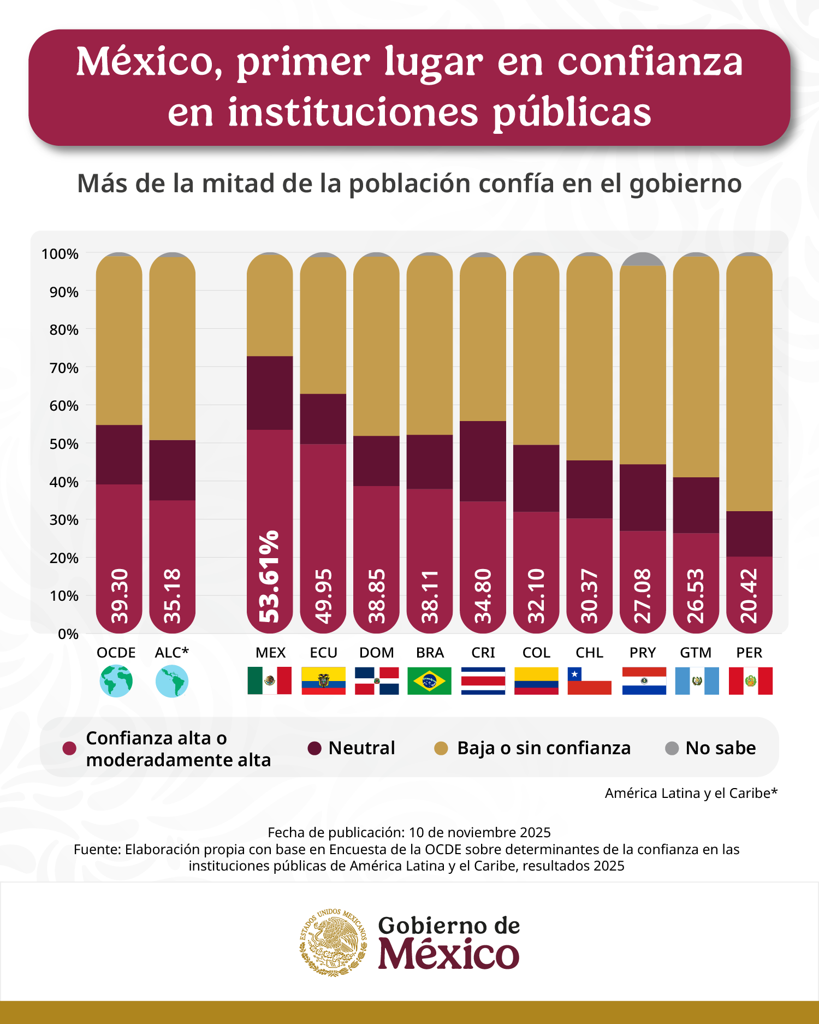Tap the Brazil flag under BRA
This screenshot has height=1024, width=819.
pyautogui.click(x=429, y=680)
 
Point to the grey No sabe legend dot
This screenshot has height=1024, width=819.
pyautogui.click(x=672, y=748)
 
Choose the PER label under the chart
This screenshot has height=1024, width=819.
pyautogui.click(x=749, y=653)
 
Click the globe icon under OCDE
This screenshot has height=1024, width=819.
pyautogui.click(x=116, y=681)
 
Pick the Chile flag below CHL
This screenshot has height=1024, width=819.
pyautogui.click(x=589, y=680)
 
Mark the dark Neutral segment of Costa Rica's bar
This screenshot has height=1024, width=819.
pyautogui.click(x=483, y=461)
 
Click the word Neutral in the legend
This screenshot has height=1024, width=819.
pyautogui.click(x=361, y=748)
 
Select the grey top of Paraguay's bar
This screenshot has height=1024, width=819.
pyautogui.click(x=643, y=259)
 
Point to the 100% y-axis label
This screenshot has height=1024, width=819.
pyautogui.click(x=60, y=254)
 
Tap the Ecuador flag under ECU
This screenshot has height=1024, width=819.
pyautogui.click(x=323, y=680)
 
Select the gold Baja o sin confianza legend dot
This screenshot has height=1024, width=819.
pyautogui.click(x=441, y=748)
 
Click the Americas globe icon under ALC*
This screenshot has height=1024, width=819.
pyautogui.click(x=172, y=681)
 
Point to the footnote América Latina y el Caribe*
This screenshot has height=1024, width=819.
pyautogui.click(x=691, y=793)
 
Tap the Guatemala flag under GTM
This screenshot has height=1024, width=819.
pyautogui.click(x=697, y=680)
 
